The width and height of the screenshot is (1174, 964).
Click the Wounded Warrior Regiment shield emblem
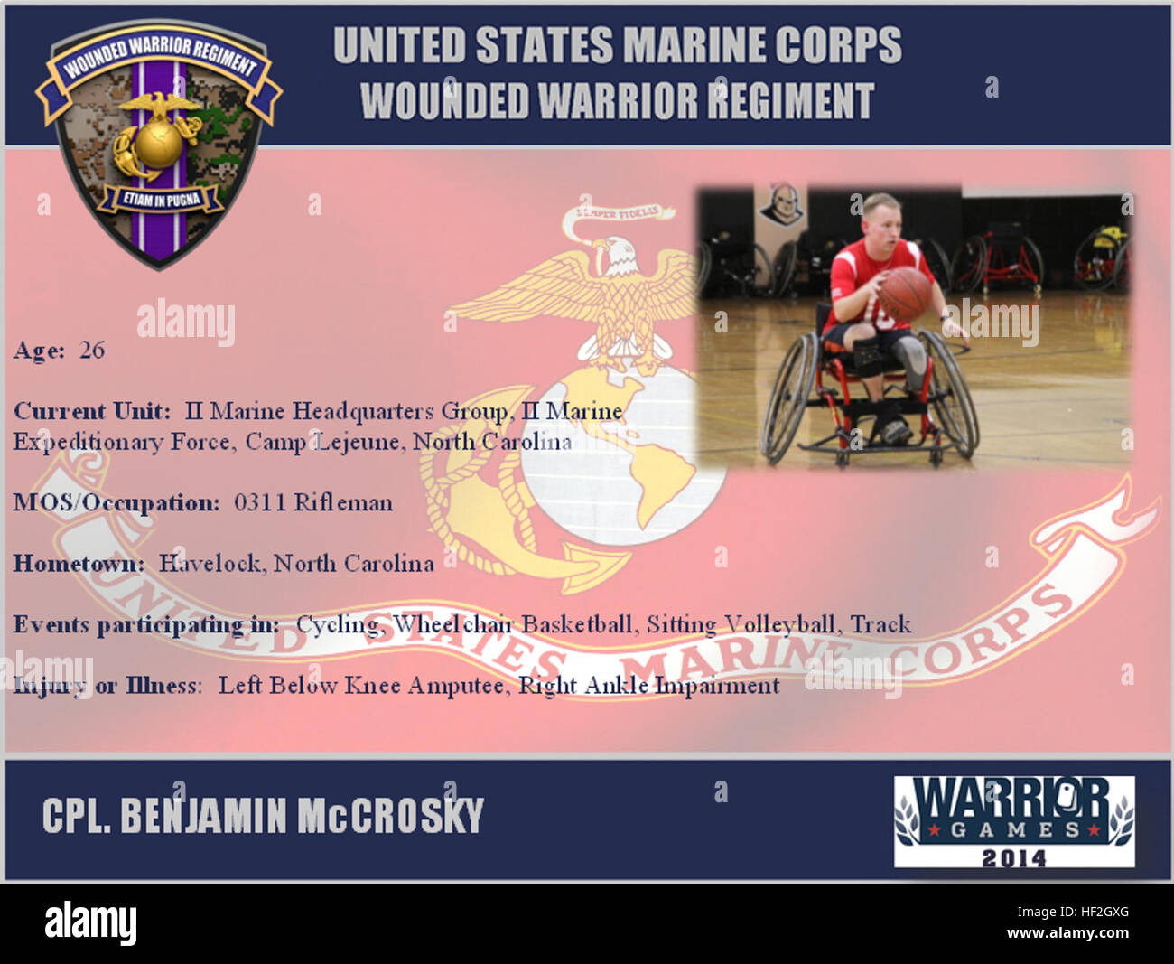pyautogui.click(x=159, y=145)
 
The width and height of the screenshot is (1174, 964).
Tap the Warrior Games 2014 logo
pyautogui.click(x=1013, y=821)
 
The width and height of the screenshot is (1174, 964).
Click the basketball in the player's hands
pyautogui.click(x=904, y=293)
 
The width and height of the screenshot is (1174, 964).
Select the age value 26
pyautogui.click(x=92, y=351)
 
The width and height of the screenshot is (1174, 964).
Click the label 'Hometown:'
pyautogui.click(x=79, y=564)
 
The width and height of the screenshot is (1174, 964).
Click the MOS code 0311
pyautogui.click(x=260, y=502)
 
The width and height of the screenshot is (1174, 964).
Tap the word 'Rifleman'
pyautogui.click(x=343, y=502)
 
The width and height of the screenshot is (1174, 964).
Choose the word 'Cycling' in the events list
pyautogui.click(x=337, y=624)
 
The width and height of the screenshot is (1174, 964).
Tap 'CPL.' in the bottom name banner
pyautogui.click(x=77, y=815)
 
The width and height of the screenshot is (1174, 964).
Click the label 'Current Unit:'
pyautogui.click(x=91, y=412)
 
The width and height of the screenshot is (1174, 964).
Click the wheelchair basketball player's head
pyautogui.click(x=880, y=220)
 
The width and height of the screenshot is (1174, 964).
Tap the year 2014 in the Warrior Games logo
pyautogui.click(x=1013, y=856)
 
